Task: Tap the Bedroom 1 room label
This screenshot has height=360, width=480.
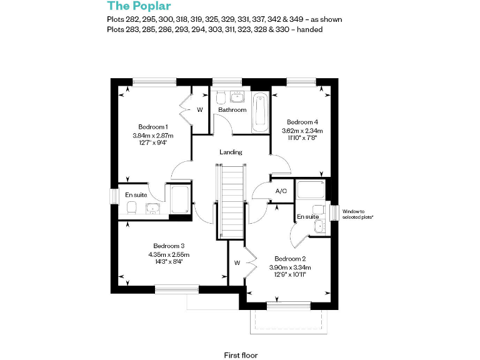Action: point(153,127)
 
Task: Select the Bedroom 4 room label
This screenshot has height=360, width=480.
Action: point(302,122)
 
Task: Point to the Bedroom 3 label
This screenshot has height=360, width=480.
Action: point(169,246)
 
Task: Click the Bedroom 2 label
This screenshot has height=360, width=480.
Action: point(290,259)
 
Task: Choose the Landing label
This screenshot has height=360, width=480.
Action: point(231,152)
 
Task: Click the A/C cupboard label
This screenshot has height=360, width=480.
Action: point(281,191)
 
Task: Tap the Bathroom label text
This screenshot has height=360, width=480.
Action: point(232,110)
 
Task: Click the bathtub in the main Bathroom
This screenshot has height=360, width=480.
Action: point(259,112)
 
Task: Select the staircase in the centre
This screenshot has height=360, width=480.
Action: point(231,200)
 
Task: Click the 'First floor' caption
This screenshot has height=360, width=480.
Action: point(241,355)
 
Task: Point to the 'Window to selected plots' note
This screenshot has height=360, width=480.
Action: point(357,214)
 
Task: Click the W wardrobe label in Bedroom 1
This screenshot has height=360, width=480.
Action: point(200,110)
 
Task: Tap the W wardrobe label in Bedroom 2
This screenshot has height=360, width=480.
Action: point(237,263)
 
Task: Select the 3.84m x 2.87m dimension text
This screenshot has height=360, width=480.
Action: point(153,135)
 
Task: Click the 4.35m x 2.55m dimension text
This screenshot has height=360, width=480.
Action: point(169,254)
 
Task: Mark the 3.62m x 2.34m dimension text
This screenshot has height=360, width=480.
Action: point(302,130)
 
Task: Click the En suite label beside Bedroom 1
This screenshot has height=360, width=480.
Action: point(136,195)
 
